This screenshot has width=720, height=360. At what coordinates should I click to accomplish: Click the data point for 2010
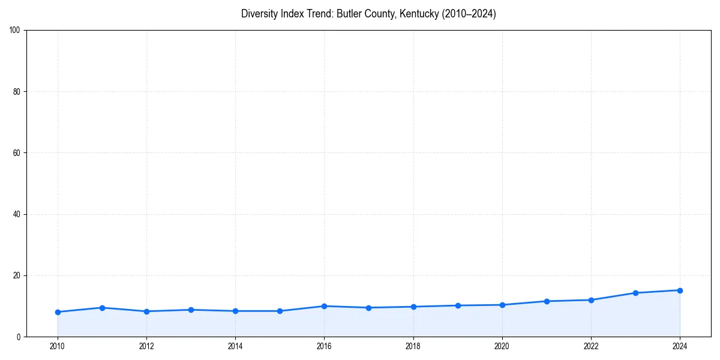58,312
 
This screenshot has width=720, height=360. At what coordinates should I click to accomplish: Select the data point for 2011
102,308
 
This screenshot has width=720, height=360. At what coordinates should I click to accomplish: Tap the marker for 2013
191,310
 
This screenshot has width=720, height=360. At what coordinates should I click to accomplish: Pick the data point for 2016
324,306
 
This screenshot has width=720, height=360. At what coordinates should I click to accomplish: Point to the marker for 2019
458,305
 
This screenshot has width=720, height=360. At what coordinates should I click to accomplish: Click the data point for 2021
547,301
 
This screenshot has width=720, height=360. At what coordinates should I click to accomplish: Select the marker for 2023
635,293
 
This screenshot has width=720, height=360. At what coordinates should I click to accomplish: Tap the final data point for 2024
680,290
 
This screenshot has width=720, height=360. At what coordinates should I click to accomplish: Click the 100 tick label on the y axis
15,30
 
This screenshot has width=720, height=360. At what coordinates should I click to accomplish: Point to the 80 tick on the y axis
17,92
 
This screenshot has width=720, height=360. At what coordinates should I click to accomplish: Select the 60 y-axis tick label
17,153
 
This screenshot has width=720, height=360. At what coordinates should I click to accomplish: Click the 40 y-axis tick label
17,214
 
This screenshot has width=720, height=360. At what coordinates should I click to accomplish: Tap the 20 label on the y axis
17,275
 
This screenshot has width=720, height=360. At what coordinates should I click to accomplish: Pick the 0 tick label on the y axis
19,337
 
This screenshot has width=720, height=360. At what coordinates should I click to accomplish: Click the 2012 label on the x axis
146,346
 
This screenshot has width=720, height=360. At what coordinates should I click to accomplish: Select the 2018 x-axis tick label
413,346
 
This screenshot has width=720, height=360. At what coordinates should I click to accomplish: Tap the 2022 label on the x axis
591,346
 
